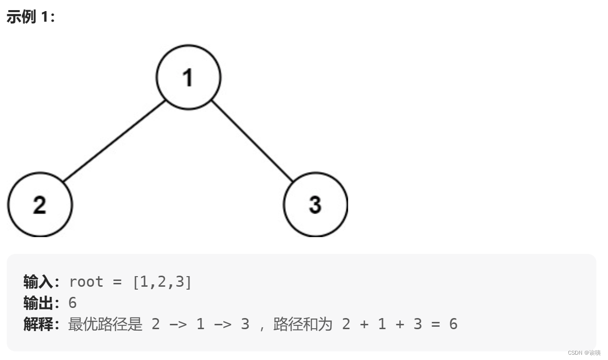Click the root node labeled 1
[189, 77]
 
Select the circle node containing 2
[40, 204]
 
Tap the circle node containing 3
[315, 204]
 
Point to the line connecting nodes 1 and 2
[114, 141]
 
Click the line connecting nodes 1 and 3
[252, 141]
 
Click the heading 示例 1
[31, 17]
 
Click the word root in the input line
[86, 281]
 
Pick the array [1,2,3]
[162, 281]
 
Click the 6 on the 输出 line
[72, 303]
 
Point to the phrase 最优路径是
[106, 324]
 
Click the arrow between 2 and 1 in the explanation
[178, 324]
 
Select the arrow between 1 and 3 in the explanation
[222, 324]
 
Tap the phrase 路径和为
[303, 324]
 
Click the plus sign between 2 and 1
[364, 324]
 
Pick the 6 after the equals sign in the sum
[453, 324]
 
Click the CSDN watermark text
[584, 353]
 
